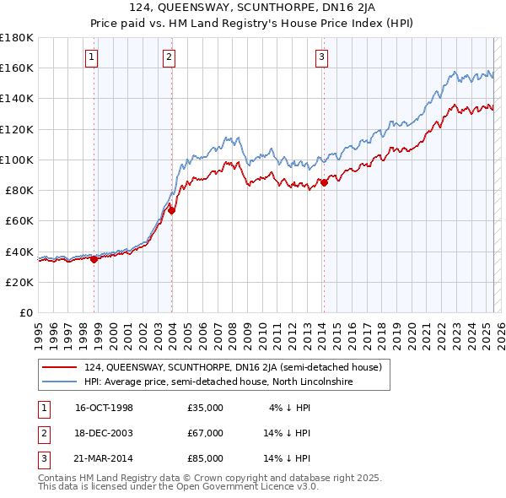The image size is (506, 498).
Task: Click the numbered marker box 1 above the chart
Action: (x=90, y=57)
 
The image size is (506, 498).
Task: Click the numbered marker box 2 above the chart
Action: (x=170, y=57)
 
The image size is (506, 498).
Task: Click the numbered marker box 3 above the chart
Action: (x=321, y=57)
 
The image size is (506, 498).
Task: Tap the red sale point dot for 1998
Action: (x=94, y=259)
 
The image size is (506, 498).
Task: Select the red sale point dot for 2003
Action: (x=171, y=211)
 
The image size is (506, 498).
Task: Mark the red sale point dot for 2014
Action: (x=324, y=182)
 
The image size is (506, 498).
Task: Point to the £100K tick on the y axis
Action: (x=17, y=160)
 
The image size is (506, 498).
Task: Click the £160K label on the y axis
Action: (x=17, y=68)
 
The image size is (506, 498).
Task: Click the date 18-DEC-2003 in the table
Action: (x=105, y=433)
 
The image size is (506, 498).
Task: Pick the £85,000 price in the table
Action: (x=206, y=458)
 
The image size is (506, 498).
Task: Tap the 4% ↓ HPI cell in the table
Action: (x=290, y=408)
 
